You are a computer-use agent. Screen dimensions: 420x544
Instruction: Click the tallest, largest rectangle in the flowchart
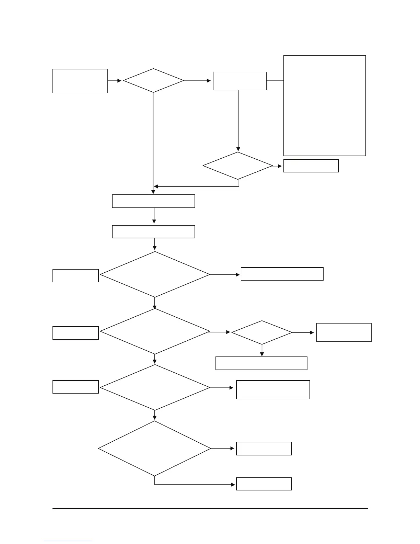(324, 105)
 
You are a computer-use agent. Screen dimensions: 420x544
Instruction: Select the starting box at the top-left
(80, 81)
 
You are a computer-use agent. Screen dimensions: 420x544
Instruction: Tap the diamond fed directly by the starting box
(153, 81)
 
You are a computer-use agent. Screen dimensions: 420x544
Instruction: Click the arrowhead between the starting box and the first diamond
(119, 81)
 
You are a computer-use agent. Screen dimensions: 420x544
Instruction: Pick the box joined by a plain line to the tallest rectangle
(240, 81)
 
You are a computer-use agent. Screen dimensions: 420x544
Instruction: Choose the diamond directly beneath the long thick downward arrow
(238, 166)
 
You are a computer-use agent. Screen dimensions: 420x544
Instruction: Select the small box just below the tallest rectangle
(311, 166)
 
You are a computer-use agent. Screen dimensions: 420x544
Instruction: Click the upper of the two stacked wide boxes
(153, 201)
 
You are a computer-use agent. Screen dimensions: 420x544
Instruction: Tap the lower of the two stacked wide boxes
(153, 231)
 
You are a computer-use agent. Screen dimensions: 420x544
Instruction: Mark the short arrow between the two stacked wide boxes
(154, 216)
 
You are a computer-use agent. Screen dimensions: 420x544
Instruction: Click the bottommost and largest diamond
(154, 449)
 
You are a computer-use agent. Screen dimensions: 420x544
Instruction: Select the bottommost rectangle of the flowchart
(264, 484)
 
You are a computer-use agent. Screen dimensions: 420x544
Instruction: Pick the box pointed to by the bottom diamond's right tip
(264, 449)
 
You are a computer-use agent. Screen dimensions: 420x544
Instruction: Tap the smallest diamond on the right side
(262, 332)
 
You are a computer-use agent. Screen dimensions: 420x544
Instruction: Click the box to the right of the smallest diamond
(343, 332)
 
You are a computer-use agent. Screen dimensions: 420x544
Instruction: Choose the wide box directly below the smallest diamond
(261, 363)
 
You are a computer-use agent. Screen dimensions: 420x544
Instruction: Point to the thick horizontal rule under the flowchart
(210, 509)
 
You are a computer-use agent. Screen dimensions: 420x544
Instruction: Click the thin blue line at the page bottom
(68, 541)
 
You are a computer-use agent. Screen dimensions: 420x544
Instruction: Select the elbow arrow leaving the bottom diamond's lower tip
(192, 485)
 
